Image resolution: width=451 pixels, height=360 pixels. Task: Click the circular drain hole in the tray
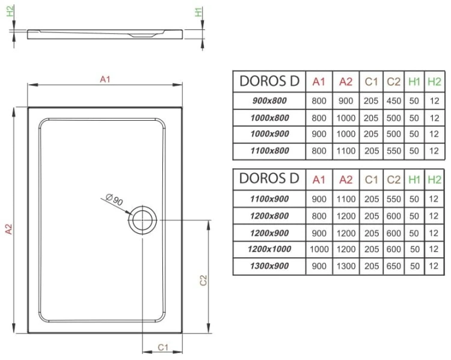click(x=142, y=220)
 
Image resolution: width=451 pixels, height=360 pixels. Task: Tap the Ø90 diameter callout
click(x=114, y=200)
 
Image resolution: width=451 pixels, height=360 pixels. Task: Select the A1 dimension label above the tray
click(x=105, y=79)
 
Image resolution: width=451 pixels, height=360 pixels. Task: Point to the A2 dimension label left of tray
click(x=8, y=229)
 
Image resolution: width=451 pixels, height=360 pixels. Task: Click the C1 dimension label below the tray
click(x=162, y=347)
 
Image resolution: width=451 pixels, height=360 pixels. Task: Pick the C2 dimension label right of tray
click(x=204, y=280)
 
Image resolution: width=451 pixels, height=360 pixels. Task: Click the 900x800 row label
click(x=269, y=102)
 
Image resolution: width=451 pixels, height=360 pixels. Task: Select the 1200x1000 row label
click(x=269, y=249)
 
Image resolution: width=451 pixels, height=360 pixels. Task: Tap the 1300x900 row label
click(x=269, y=266)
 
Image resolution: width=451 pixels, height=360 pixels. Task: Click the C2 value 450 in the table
click(x=394, y=102)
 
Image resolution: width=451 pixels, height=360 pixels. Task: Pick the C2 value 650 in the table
click(x=394, y=266)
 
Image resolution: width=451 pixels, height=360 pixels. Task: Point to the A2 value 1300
click(x=346, y=266)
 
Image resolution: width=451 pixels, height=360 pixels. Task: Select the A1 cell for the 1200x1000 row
click(x=319, y=249)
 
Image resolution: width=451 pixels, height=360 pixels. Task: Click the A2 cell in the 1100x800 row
click(x=346, y=151)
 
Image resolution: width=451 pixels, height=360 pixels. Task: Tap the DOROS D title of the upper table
click(x=269, y=81)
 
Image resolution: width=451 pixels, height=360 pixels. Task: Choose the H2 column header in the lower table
click(x=433, y=178)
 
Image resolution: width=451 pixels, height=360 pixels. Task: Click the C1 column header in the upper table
click(x=371, y=82)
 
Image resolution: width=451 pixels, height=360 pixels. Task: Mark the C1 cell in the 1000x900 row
click(x=371, y=135)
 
